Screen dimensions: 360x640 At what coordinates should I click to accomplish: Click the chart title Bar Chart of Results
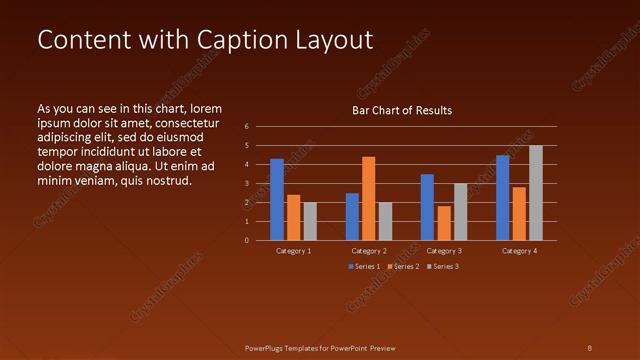401,110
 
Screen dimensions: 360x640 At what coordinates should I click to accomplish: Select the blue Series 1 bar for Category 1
277,199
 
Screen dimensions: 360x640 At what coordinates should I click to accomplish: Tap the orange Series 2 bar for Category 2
368,198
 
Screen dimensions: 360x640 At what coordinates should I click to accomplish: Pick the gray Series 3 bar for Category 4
536,192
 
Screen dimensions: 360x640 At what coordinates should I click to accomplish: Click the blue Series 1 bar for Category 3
427,207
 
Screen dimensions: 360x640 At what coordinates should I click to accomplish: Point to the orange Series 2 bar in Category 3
444,223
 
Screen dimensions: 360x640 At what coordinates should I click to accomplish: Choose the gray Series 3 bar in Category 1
310,221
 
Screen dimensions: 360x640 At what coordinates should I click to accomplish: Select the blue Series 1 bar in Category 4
503,197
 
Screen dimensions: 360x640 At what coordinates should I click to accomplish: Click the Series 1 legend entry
364,266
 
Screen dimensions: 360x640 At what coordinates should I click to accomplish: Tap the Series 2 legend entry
403,266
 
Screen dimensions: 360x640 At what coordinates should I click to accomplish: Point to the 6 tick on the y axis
246,127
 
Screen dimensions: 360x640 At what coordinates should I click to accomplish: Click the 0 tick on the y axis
246,240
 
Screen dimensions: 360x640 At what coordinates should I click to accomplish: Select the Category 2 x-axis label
369,251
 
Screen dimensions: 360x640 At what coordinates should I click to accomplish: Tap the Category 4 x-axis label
519,251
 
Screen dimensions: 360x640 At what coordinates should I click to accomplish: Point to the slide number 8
590,348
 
